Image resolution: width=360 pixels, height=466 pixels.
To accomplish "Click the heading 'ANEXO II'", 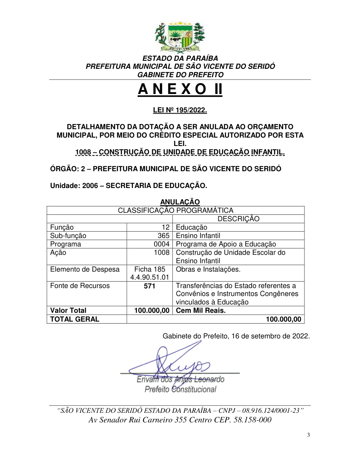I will (180, 90).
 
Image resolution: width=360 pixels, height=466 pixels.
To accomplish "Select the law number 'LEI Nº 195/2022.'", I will (180, 110).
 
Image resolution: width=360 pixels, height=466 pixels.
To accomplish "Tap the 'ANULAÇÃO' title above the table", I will (180, 202).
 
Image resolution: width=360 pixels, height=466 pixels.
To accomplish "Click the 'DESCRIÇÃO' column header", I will (238, 219).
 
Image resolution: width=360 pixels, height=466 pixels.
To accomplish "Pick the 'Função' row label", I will (62, 227).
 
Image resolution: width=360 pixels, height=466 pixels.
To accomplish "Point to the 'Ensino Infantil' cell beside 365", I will (198, 236).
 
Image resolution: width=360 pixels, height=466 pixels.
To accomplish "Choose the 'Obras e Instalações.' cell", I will (208, 269).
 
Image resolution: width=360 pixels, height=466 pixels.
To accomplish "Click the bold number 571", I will (150, 286).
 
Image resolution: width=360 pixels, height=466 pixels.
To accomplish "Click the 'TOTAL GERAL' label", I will (75, 319).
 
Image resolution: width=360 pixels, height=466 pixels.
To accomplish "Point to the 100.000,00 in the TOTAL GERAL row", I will (283, 319).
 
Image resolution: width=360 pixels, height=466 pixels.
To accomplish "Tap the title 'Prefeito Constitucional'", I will (180, 389).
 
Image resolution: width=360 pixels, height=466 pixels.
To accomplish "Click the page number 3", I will (308, 435).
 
